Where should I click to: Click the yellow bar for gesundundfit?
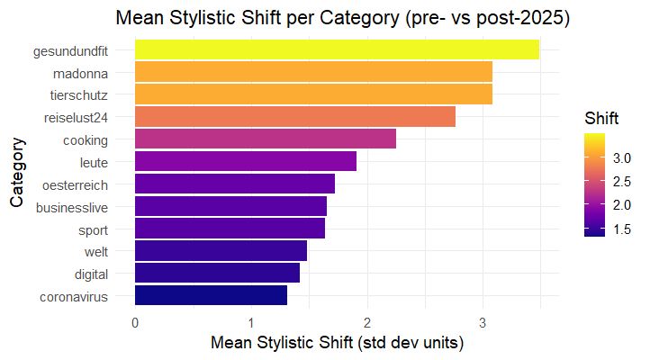tap(337, 49)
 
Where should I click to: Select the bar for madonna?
tap(313, 72)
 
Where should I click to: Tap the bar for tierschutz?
tap(313, 94)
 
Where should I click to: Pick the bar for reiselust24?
tap(294, 117)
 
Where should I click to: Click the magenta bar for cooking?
tap(265, 139)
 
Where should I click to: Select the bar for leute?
tap(245, 162)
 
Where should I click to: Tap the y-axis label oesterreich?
tap(76, 184)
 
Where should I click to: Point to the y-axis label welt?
tap(95, 252)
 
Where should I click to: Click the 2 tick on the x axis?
tap(367, 321)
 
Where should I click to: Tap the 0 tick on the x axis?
tap(135, 321)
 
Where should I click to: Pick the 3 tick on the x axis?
tap(483, 321)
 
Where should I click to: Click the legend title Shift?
tap(601, 119)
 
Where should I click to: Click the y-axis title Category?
tap(17, 173)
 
